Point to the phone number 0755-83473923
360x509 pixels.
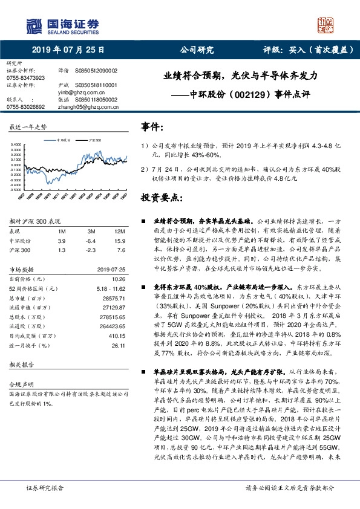point(25,78)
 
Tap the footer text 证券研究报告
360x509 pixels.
point(45,487)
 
